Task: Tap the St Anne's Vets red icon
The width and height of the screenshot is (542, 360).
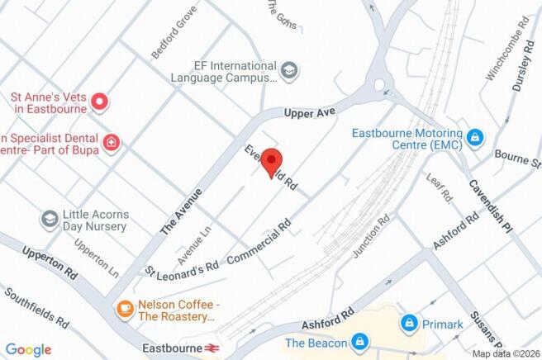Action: tap(100, 102)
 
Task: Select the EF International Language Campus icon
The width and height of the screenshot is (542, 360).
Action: tap(289, 71)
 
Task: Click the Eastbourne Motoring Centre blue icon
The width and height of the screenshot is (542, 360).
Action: tap(474, 137)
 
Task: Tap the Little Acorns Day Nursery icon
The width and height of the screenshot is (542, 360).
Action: tap(50, 219)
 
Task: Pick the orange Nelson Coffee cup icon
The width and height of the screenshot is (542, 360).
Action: tap(125, 309)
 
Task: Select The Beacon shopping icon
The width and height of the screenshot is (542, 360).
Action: tap(359, 342)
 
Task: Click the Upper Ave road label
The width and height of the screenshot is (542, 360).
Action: tap(307, 111)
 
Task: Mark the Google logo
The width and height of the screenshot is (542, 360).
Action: tap(27, 350)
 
